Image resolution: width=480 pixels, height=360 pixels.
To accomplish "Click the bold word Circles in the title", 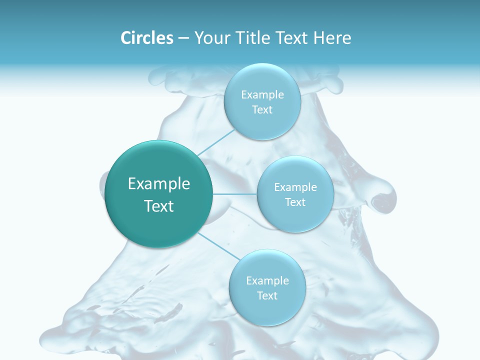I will click(146, 38).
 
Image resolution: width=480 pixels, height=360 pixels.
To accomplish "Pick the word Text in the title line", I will click(292, 38).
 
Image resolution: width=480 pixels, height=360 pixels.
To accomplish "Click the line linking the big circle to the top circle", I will click(216, 142).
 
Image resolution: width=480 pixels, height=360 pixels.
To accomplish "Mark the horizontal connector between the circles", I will click(235, 194).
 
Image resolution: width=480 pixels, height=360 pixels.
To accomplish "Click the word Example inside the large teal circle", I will click(159, 184).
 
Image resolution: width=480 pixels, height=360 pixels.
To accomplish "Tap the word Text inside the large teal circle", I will click(159, 206).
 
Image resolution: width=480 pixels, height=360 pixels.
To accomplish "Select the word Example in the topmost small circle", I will click(262, 94).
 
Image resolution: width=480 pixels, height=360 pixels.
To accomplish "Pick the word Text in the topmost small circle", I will click(262, 109).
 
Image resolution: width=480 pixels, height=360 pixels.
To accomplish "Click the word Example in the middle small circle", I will click(295, 187).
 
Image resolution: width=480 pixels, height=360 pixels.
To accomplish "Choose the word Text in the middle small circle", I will click(295, 202).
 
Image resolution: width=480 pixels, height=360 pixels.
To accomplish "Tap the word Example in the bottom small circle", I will click(267, 280).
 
